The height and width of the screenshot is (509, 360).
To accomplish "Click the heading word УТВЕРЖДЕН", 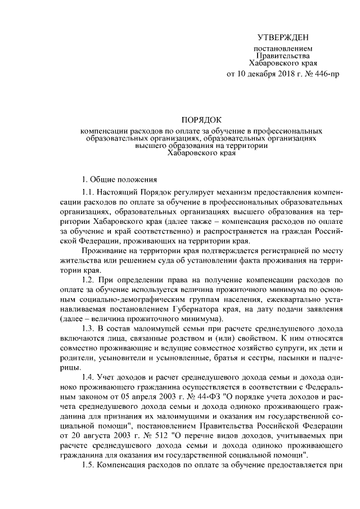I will (x=283, y=38).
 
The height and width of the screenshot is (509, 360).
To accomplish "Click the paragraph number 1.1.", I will (x=89, y=193).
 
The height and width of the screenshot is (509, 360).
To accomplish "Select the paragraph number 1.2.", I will (x=89, y=279).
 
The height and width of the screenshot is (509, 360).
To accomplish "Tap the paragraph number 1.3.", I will (x=89, y=328).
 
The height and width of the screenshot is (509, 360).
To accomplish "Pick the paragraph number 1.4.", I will (x=89, y=376).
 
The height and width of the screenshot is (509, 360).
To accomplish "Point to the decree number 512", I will (x=151, y=435).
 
